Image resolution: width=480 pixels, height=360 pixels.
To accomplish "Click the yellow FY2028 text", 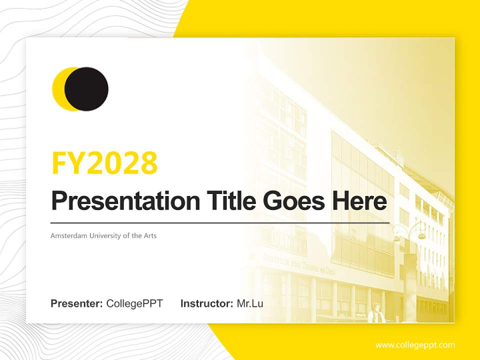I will click(x=104, y=162).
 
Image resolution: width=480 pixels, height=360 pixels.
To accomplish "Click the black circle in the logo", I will click(x=86, y=89).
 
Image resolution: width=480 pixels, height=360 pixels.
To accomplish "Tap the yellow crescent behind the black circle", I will click(x=57, y=89).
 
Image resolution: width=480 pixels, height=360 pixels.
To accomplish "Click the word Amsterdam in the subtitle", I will click(x=68, y=235).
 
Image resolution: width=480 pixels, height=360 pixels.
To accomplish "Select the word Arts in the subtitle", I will click(x=150, y=235).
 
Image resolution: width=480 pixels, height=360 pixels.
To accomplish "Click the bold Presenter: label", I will click(x=77, y=303).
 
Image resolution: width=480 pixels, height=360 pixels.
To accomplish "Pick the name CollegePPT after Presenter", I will click(x=134, y=303).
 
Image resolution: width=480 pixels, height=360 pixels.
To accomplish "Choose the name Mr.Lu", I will click(x=250, y=303).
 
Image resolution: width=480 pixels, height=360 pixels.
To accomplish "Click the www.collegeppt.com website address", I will click(x=415, y=345).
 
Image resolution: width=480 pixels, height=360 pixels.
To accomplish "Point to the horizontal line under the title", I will click(x=220, y=222).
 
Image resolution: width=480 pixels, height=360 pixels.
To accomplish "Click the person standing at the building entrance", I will click(x=375, y=314).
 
